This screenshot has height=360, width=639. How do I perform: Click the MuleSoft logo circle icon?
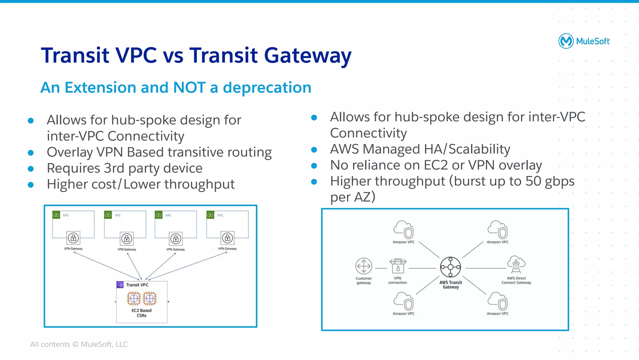(x=566, y=41)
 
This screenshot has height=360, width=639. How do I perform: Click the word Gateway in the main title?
(x=308, y=56)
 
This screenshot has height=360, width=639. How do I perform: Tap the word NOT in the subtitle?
(x=189, y=87)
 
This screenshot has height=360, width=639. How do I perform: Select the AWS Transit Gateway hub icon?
(x=450, y=267)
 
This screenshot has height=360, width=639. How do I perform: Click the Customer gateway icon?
(x=363, y=266)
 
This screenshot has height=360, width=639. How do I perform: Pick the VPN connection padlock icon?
(x=398, y=266)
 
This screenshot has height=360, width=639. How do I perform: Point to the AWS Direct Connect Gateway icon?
(x=516, y=265)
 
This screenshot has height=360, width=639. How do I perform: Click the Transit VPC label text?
(x=137, y=285)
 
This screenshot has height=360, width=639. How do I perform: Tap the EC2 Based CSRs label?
(x=141, y=313)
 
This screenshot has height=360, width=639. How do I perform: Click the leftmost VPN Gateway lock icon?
(x=73, y=238)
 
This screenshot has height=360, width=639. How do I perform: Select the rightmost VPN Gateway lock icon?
(x=227, y=238)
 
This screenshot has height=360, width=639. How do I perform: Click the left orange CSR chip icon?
(x=134, y=298)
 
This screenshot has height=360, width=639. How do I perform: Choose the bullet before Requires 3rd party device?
(x=31, y=169)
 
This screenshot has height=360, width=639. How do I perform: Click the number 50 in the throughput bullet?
(x=533, y=181)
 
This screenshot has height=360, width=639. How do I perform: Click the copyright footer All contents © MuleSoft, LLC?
(x=79, y=344)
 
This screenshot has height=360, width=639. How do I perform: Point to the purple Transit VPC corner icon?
(x=120, y=285)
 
